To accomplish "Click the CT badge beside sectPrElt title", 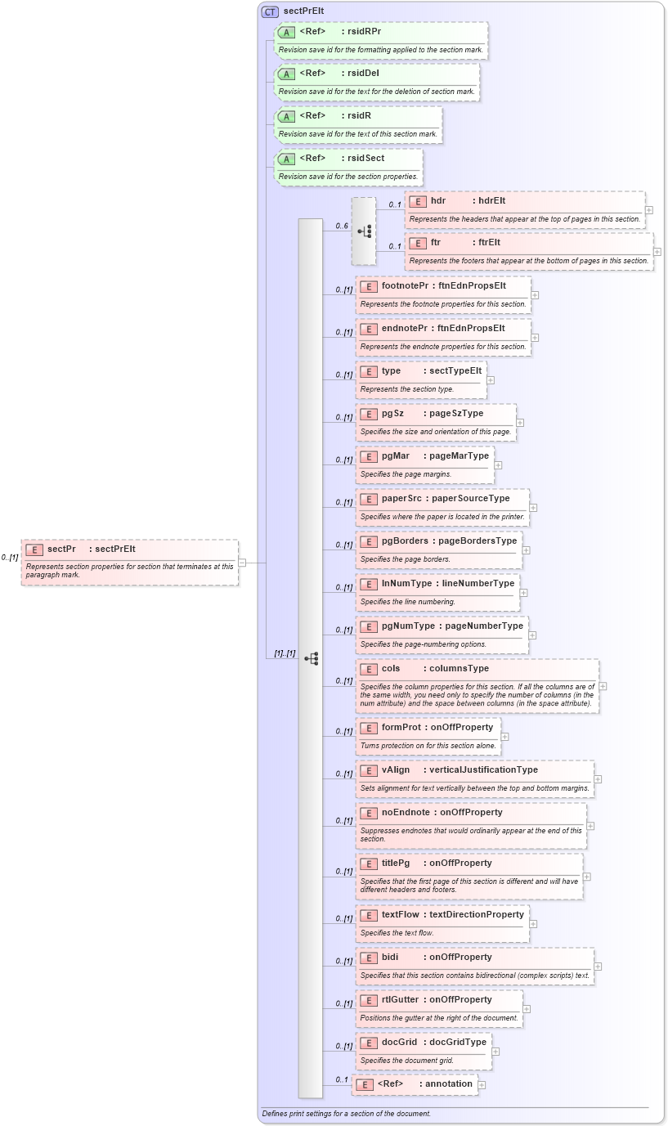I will click(270, 11).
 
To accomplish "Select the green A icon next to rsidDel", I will click(286, 74).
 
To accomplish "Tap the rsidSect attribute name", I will click(365, 158).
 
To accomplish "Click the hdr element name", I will click(438, 200).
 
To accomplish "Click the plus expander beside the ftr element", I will click(657, 252).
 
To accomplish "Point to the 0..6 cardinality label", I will click(342, 226).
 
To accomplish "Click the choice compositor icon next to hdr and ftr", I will click(364, 231).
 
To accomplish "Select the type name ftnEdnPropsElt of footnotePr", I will click(472, 285).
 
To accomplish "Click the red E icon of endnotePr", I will click(369, 329).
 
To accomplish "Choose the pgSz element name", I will click(393, 413).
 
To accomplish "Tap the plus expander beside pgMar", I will click(498, 465).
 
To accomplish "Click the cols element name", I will click(391, 668).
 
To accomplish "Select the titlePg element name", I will click(396, 863).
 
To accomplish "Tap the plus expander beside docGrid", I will click(495, 1052).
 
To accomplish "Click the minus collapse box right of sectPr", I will click(242, 563).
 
